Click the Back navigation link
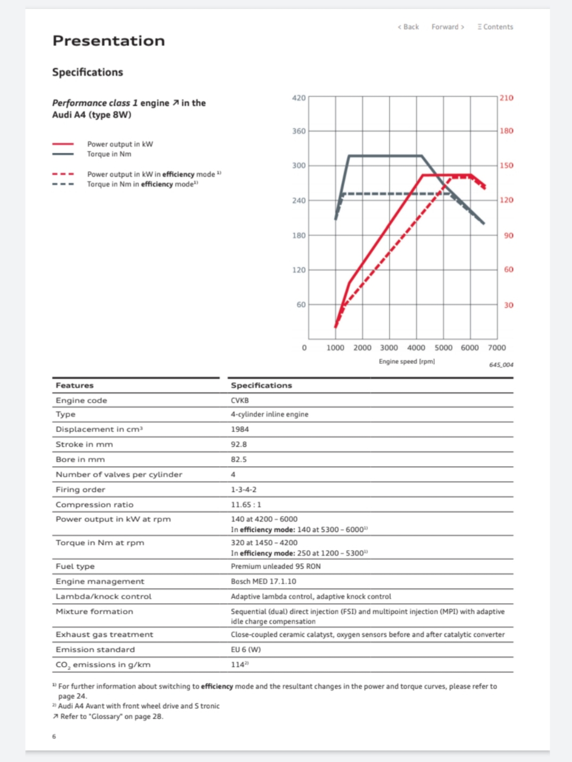coord(408,27)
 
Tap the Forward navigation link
coord(448,27)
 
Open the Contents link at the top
coord(495,27)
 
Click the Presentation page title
coord(109,41)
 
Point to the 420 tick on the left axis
coord(299,98)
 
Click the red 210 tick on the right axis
coord(506,98)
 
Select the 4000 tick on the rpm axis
coord(416,348)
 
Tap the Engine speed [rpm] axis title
coord(407,362)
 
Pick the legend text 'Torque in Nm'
coord(109,154)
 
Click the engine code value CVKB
coord(240,400)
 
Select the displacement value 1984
coord(240,429)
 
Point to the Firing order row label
coord(80,489)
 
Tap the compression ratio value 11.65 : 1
coord(246,505)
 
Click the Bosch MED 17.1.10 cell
coord(263,581)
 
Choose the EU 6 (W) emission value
coord(246,650)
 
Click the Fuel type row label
coord(75,566)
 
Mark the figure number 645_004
coord(501,365)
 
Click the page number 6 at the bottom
coord(54,736)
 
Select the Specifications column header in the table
coord(261,386)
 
